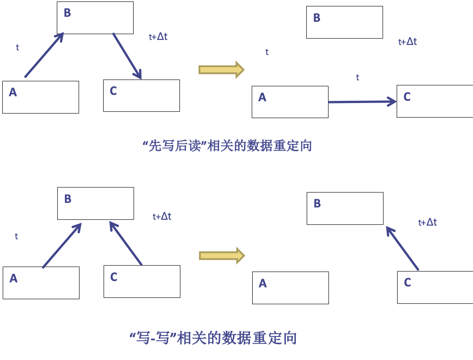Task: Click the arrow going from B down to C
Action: tap(127, 55)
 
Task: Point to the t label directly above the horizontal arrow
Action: tap(358, 78)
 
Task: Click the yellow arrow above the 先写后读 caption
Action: tap(221, 69)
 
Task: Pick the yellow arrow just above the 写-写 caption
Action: tap(222, 256)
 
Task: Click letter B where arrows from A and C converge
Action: tap(68, 199)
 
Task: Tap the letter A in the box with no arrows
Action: tap(263, 283)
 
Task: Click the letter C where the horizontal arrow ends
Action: tap(407, 97)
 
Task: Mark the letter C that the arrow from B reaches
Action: tap(113, 91)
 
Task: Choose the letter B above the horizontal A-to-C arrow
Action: tap(317, 18)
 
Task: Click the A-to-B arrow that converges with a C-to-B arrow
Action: tap(62, 245)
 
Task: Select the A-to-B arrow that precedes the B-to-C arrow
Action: tap(44, 55)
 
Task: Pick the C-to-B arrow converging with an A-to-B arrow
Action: tap(125, 243)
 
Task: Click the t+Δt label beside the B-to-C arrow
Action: tap(158, 37)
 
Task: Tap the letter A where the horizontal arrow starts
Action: tap(262, 97)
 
